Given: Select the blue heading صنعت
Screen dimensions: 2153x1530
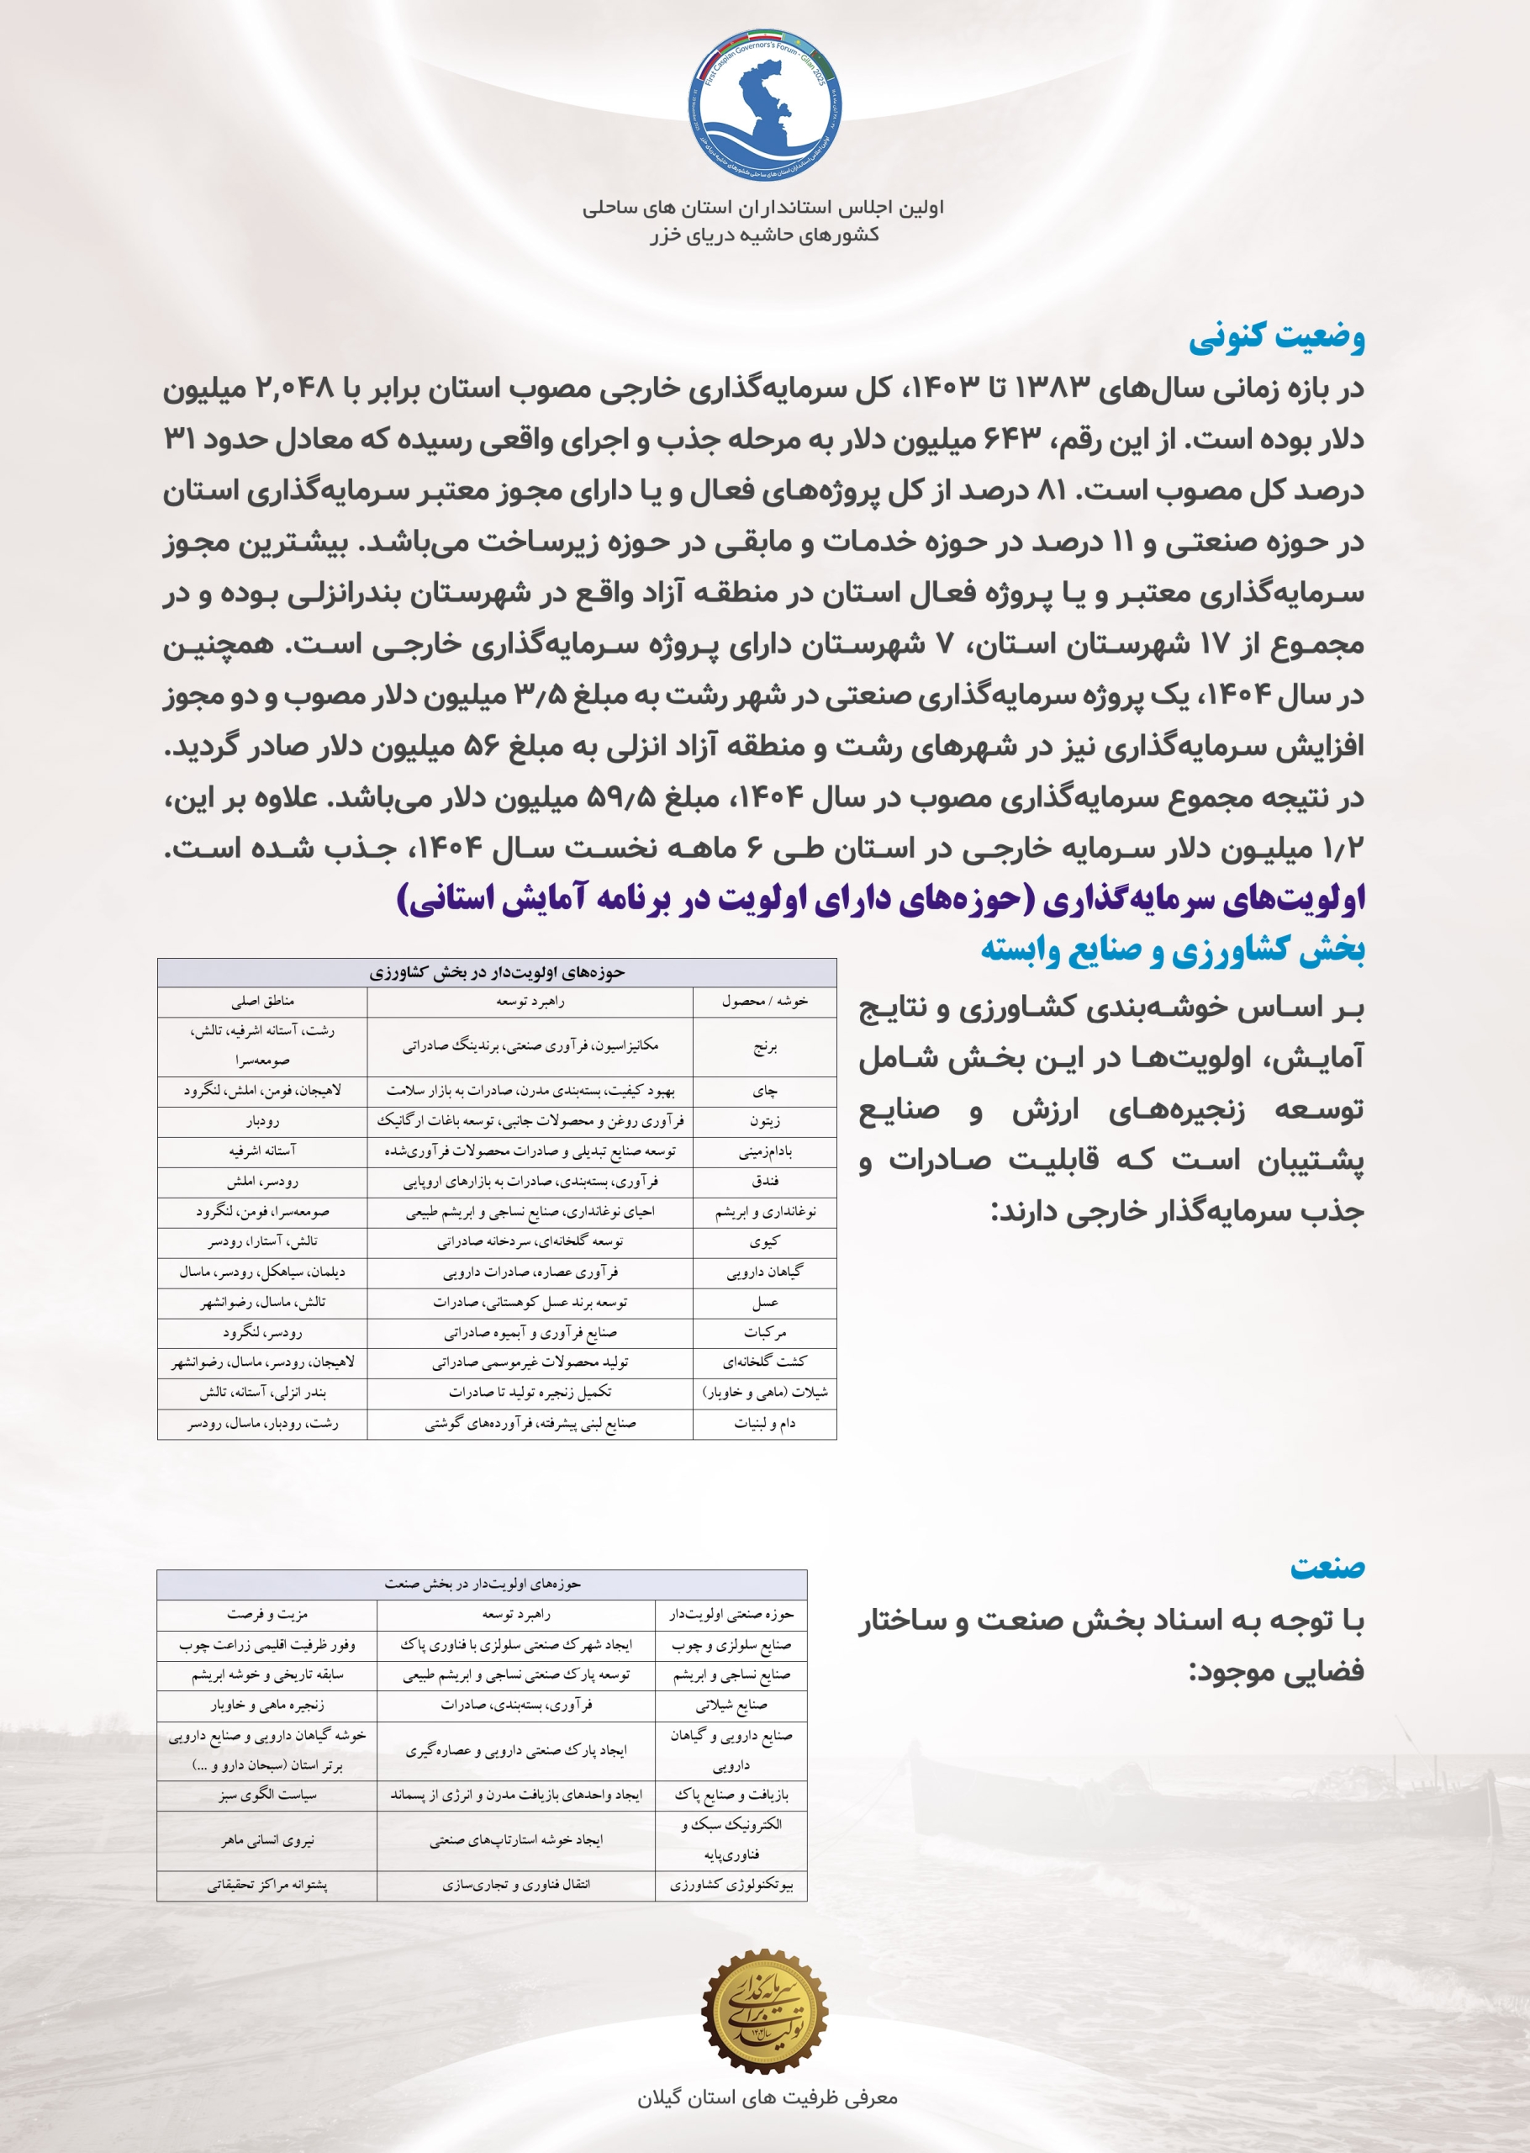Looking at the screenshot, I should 1327,1568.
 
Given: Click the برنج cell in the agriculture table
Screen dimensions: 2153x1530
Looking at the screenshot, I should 765,1046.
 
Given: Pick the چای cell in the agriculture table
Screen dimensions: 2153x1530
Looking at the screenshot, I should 765,1091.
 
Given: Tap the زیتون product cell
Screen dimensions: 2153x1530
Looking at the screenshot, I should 765,1121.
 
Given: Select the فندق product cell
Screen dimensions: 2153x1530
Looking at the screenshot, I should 765,1182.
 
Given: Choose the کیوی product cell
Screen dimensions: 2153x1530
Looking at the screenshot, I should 765,1242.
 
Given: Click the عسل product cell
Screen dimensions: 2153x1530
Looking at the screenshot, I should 765,1302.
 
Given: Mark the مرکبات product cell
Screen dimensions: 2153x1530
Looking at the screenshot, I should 765,1332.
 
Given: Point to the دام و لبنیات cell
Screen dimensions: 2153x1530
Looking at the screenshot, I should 765,1423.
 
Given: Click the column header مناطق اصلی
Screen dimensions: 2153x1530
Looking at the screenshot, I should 263,1002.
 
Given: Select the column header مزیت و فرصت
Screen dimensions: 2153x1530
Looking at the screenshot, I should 267,1615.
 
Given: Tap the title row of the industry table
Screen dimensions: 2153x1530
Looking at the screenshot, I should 482,1584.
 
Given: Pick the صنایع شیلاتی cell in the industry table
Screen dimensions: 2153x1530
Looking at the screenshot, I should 731,1705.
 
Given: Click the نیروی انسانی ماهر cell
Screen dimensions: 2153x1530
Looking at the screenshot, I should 267,1840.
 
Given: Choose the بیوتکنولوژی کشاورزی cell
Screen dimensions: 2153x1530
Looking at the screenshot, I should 731,1886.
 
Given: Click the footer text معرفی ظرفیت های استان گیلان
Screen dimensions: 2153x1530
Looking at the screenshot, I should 767,2098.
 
